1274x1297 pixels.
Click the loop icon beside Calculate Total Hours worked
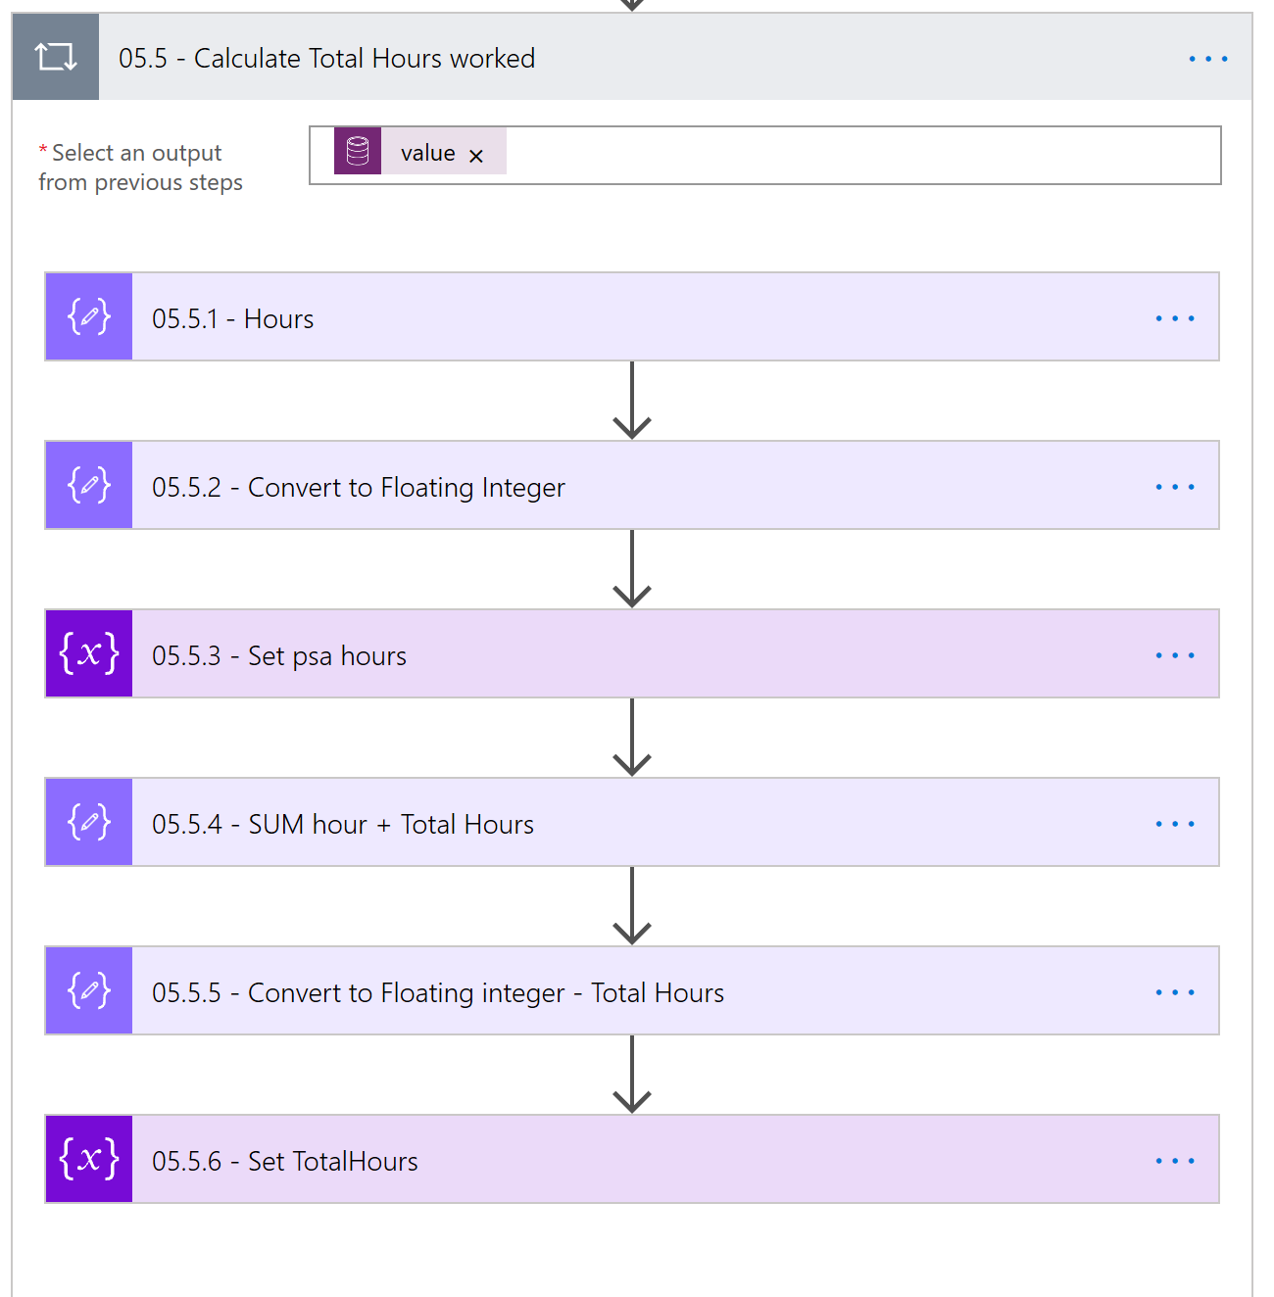[x=56, y=57]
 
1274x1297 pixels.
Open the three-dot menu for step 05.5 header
[x=1207, y=59]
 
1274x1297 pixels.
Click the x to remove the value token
[x=476, y=156]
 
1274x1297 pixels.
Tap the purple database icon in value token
[x=358, y=152]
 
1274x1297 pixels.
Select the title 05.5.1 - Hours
[x=233, y=319]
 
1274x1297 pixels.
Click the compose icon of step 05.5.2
[x=89, y=485]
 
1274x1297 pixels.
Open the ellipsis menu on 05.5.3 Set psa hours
[x=1174, y=655]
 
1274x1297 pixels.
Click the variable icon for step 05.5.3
[x=89, y=653]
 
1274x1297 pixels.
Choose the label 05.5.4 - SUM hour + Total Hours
[x=342, y=825]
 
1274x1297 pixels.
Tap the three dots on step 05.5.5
[x=1174, y=992]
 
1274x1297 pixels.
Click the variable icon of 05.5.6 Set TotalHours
[x=89, y=1159]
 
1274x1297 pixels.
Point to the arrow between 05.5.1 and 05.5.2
[x=632, y=401]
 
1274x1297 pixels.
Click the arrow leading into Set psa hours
[x=632, y=569]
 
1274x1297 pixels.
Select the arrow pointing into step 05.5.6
[x=632, y=1075]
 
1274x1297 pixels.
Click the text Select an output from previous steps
[x=140, y=168]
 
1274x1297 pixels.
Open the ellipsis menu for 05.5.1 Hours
[x=1174, y=318]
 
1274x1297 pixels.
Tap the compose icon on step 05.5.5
[x=89, y=990]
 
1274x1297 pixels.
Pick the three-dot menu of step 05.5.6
[x=1174, y=1161]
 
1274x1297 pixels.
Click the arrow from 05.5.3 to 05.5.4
[x=632, y=738]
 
